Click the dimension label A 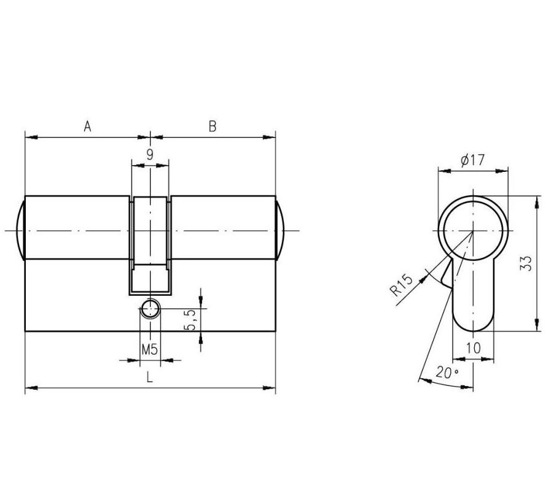click(x=87, y=127)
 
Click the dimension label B click(x=213, y=127)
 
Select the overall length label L click(x=149, y=378)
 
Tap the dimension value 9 click(x=150, y=155)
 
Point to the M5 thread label click(x=149, y=350)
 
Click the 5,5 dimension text click(x=190, y=320)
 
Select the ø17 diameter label click(x=472, y=160)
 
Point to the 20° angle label click(x=447, y=371)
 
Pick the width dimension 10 click(x=472, y=348)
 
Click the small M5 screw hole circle click(x=149, y=309)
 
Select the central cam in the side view click(x=150, y=242)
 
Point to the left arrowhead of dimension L click(x=28, y=388)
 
